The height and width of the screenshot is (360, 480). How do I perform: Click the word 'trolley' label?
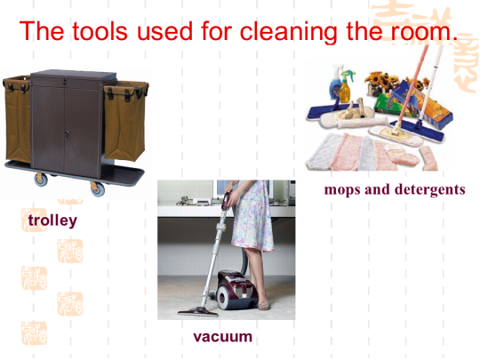click(x=52, y=220)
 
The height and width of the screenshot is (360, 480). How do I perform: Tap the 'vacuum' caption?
click(x=223, y=337)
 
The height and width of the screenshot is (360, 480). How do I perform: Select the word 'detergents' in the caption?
click(x=430, y=189)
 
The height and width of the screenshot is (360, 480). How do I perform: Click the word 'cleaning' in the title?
click(x=288, y=31)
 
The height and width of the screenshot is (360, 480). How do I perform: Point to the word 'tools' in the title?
click(x=100, y=31)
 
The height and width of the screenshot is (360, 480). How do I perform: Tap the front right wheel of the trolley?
click(x=98, y=188)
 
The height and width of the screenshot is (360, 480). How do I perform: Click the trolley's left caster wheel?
click(x=41, y=180)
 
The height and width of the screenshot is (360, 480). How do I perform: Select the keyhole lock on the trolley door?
click(x=67, y=133)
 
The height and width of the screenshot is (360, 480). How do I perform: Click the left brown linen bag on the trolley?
click(x=17, y=119)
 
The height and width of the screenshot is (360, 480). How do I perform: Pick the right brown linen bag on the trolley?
click(x=125, y=121)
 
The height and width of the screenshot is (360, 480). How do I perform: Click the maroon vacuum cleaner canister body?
click(x=236, y=289)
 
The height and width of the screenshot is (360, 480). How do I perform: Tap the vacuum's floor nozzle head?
click(x=197, y=312)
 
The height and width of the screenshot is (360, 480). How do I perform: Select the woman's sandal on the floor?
click(x=264, y=306)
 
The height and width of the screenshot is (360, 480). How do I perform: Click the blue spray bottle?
click(x=335, y=82)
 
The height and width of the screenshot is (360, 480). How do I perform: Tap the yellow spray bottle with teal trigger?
click(x=347, y=86)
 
